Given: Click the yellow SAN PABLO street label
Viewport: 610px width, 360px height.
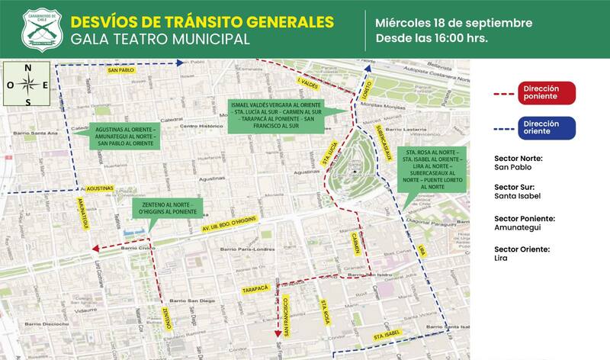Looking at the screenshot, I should (120, 70).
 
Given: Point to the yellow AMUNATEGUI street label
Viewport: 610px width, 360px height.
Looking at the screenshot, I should (85, 213).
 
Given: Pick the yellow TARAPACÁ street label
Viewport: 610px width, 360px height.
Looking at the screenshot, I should (256, 290).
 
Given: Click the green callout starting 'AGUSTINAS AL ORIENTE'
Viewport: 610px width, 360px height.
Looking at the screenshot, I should (126, 135).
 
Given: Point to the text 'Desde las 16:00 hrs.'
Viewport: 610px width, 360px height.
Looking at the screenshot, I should (432, 37).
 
